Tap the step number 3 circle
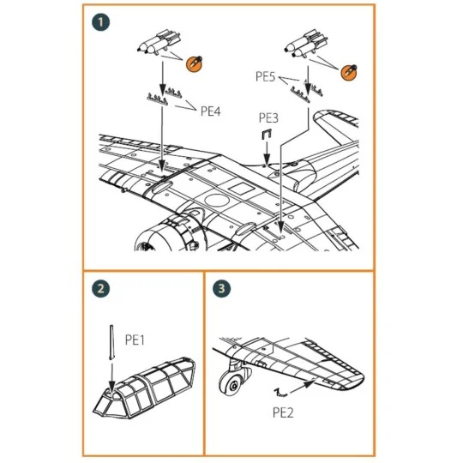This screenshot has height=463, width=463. tap(224, 289)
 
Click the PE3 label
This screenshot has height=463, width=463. tap(268, 116)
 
